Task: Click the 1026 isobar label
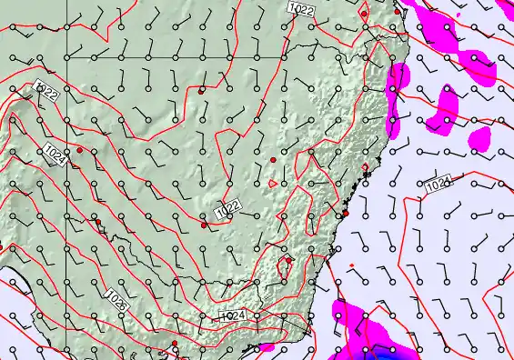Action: (x=116, y=299)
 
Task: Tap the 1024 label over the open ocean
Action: (x=438, y=185)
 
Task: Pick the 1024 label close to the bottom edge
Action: (x=232, y=315)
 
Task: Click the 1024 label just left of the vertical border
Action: (x=54, y=155)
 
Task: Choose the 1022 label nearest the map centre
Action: (x=227, y=210)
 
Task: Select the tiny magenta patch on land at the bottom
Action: (x=267, y=347)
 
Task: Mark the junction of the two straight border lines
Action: (x=66, y=57)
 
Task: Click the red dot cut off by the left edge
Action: (x=1, y=246)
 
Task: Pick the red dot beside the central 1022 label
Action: (x=204, y=225)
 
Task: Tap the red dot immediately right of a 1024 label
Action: (x=80, y=150)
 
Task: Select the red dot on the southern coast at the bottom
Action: (x=175, y=344)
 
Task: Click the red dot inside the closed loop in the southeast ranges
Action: (x=288, y=261)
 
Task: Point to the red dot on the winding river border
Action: (x=97, y=221)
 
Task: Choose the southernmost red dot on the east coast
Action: (x=346, y=214)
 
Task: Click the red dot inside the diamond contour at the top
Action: (x=364, y=15)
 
